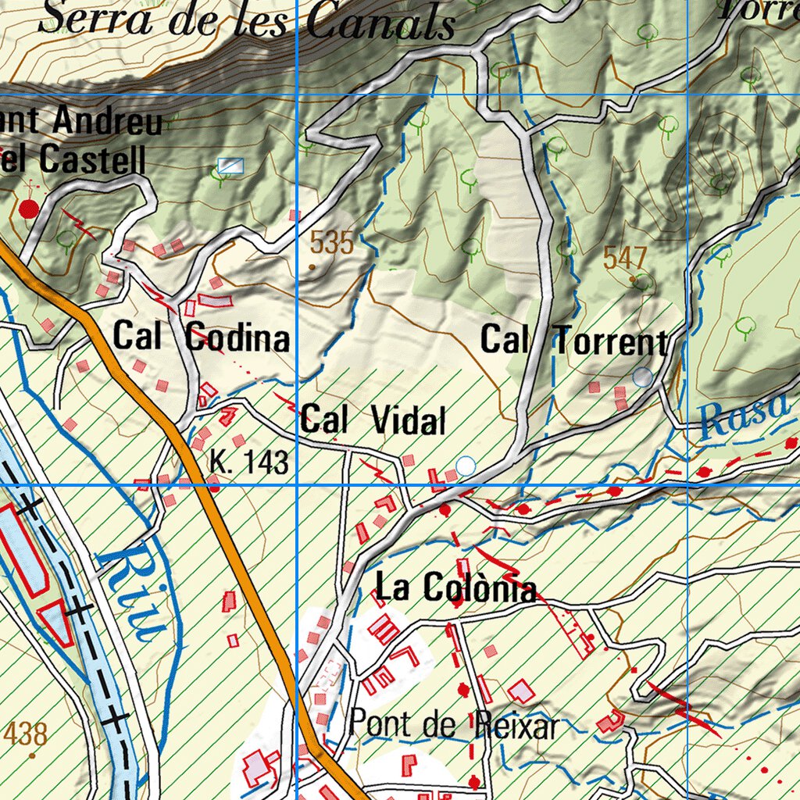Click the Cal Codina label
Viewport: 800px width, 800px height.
(202, 337)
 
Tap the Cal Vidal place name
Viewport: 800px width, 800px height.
(373, 421)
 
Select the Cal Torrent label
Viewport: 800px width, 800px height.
(574, 340)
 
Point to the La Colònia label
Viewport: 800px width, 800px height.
(456, 588)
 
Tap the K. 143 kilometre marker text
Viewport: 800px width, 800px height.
(248, 463)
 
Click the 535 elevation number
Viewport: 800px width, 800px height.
(331, 244)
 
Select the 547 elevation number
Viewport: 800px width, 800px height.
(626, 257)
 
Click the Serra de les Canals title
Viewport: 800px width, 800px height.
(246, 20)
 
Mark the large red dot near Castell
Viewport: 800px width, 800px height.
(29, 209)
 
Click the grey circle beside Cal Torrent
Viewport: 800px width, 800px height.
(642, 377)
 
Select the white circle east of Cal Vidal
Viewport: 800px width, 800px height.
(466, 466)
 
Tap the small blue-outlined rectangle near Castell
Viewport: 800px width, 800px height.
(230, 166)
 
